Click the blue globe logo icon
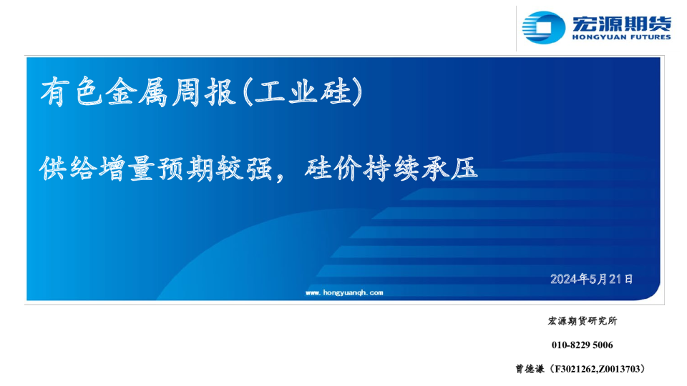click(543, 28)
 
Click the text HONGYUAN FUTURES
click(621, 37)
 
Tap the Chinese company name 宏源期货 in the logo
click(621, 23)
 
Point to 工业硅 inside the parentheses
click(302, 92)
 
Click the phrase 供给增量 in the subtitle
click(97, 169)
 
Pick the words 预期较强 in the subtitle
click(215, 169)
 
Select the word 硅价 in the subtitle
click(333, 169)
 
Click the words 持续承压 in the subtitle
click(421, 169)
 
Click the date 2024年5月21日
click(592, 279)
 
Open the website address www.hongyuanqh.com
click(344, 292)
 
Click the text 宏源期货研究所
click(583, 321)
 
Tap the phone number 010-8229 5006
click(583, 345)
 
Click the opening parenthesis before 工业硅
click(248, 92)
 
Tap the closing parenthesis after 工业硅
click(358, 92)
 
